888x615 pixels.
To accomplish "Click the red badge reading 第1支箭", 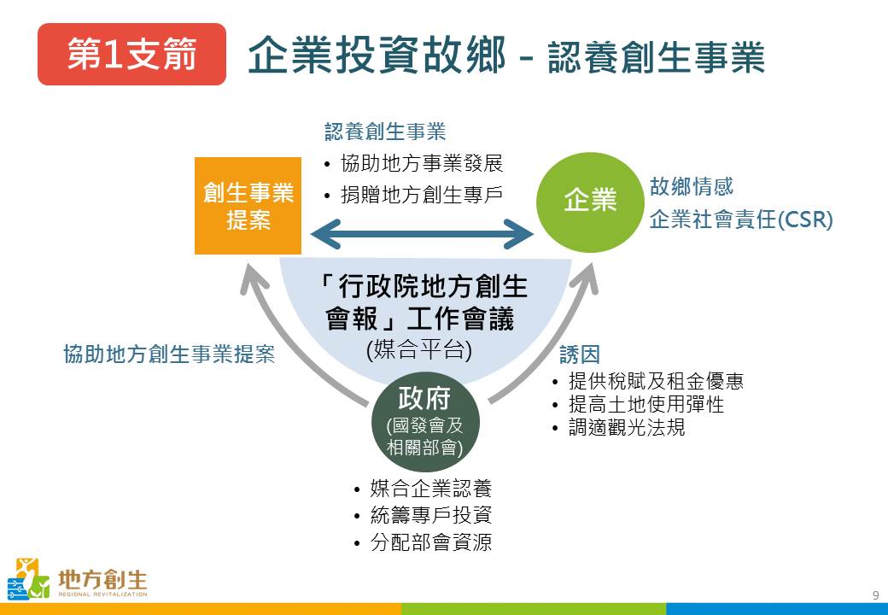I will pyautogui.click(x=131, y=55).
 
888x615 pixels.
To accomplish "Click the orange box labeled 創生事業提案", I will pyautogui.click(x=248, y=206).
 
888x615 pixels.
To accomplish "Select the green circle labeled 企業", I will pyautogui.click(x=589, y=200).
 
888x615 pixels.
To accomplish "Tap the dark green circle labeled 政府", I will pyautogui.click(x=424, y=420).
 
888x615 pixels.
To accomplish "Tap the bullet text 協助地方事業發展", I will pyautogui.click(x=422, y=164).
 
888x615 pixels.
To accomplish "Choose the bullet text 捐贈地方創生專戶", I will pyautogui.click(x=422, y=195).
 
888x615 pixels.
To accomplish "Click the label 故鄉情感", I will pyautogui.click(x=691, y=186).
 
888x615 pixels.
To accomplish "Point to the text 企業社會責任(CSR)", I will pyautogui.click(x=740, y=220).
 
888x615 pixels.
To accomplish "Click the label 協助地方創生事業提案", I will pyautogui.click(x=169, y=354).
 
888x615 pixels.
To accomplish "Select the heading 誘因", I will pyautogui.click(x=580, y=354).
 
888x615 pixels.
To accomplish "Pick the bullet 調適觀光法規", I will pyautogui.click(x=627, y=427).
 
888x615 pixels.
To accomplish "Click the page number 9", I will pyautogui.click(x=875, y=595).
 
